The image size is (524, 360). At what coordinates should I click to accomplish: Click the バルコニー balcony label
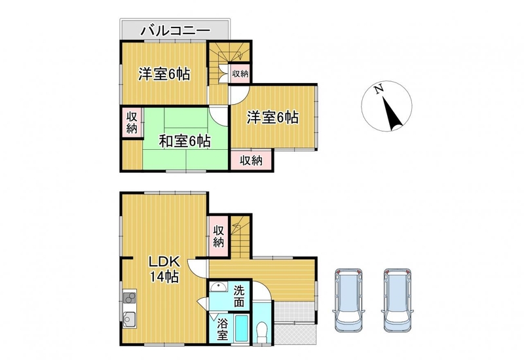[176, 31]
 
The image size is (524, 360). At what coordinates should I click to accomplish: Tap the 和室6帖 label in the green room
[185, 141]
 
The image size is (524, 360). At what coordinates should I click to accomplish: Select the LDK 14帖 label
[164, 269]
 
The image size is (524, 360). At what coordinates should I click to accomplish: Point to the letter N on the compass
[379, 89]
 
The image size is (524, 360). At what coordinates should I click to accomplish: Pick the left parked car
[348, 300]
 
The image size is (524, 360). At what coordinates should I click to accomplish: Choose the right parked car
[397, 300]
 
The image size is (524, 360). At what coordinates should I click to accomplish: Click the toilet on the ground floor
[261, 331]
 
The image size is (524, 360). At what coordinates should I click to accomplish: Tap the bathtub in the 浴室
[241, 329]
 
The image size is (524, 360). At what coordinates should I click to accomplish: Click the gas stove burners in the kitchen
[130, 298]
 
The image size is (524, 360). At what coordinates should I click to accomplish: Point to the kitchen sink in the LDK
[129, 319]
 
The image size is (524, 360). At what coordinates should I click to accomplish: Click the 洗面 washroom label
[238, 296]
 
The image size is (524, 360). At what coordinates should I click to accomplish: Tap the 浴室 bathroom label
[222, 329]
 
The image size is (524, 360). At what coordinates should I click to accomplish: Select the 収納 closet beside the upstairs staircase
[240, 74]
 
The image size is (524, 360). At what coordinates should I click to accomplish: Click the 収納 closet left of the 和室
[132, 122]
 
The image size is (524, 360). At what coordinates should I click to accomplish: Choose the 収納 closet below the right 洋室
[252, 160]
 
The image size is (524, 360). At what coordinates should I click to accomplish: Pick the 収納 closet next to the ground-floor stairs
[219, 236]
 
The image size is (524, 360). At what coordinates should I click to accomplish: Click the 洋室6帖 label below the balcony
[164, 74]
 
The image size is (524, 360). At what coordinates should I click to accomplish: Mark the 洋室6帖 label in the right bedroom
[272, 118]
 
